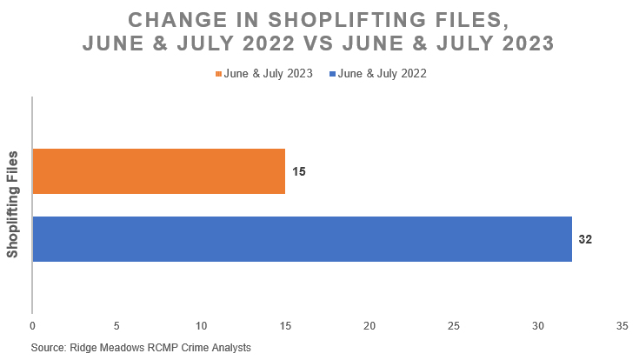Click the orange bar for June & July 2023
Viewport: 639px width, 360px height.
click(158, 171)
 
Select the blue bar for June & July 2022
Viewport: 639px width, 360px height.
click(302, 238)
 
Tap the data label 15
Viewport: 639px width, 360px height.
click(298, 171)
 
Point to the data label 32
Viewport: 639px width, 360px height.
click(585, 238)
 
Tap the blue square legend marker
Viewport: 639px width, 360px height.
click(334, 75)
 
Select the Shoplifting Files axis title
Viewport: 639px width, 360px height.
click(13, 204)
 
